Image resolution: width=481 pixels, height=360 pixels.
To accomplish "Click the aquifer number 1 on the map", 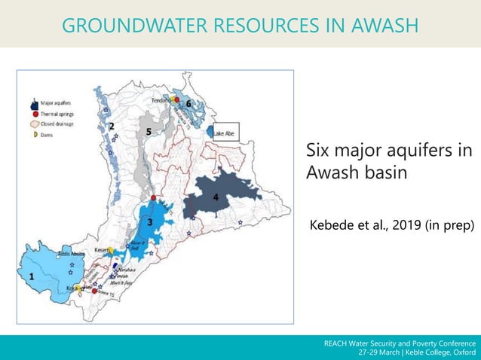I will tap(32, 276).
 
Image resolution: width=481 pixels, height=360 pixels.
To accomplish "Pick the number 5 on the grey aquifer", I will tap(149, 131).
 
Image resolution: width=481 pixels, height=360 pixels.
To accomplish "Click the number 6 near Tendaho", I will tap(188, 102).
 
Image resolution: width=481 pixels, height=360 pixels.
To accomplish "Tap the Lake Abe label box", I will tap(225, 133).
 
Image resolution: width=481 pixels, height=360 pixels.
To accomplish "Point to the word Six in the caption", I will tap(320, 151).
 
